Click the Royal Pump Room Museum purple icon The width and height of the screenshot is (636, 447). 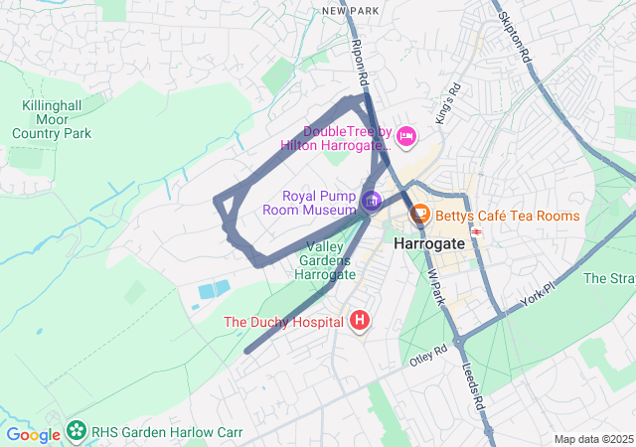click(372, 202)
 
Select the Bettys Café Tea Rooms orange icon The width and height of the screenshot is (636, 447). click(419, 214)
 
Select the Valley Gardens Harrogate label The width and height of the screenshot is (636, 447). click(326, 260)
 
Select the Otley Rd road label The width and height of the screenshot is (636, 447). click(429, 355)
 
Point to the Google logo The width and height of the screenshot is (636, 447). click(33, 434)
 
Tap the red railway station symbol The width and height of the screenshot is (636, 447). click(478, 232)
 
